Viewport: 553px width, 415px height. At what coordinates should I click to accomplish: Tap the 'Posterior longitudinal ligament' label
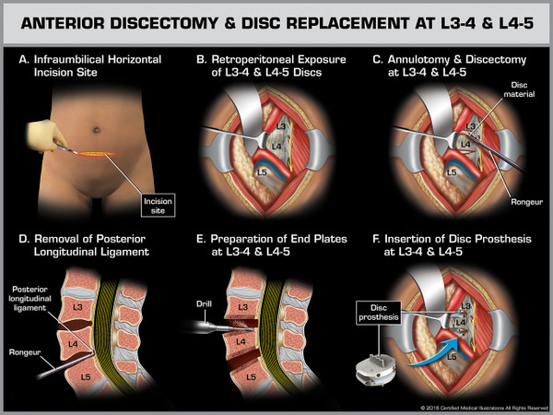[32, 297]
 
